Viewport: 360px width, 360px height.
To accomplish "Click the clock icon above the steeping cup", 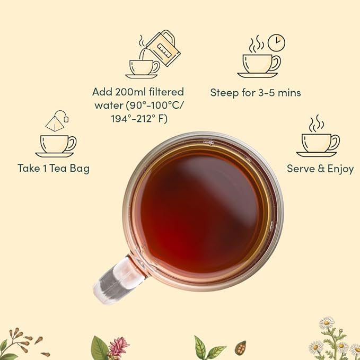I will (276, 42).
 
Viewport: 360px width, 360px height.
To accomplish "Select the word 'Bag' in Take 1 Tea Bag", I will (79, 169).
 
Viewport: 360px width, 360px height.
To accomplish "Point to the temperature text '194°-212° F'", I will (137, 119).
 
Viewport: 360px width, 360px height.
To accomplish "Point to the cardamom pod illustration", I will (240, 348).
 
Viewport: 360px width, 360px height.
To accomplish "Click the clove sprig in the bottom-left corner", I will (21, 345).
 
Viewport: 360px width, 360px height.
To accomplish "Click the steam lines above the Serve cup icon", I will (317, 123).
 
